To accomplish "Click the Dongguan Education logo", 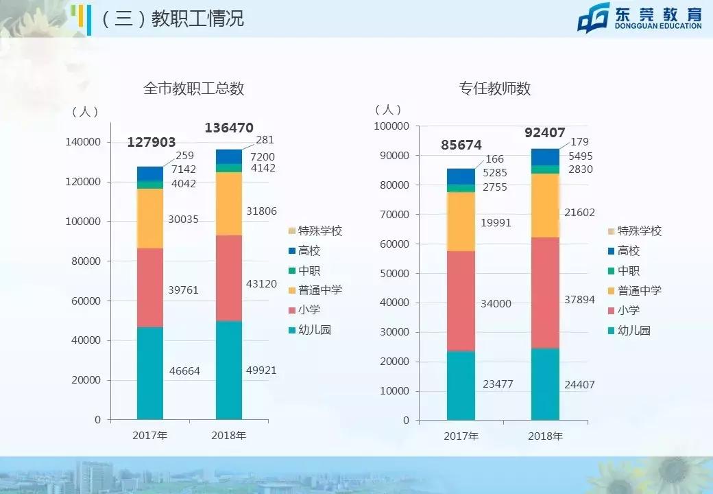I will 639,19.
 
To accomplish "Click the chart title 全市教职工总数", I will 194,89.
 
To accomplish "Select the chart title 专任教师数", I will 495,89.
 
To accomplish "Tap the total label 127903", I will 152,143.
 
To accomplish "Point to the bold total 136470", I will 229,128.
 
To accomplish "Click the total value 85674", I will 461,145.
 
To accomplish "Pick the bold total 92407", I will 545,132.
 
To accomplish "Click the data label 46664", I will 184,371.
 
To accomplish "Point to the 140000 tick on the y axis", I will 84,142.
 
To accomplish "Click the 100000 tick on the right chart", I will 389,126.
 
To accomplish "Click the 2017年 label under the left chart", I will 150,435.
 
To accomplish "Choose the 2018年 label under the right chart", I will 545,436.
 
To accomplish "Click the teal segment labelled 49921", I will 229,370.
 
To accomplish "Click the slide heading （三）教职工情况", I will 172,19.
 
